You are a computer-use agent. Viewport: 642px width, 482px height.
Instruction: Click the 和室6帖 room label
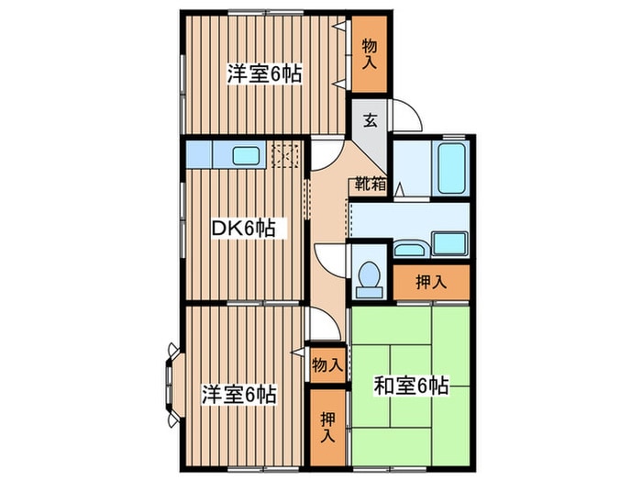410,387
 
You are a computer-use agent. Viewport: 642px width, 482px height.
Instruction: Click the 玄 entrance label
370,119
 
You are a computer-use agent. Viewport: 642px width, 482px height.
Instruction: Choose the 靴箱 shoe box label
371,185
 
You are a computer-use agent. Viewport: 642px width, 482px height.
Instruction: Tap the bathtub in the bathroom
451,167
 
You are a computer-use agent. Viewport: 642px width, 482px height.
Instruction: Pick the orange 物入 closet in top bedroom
370,56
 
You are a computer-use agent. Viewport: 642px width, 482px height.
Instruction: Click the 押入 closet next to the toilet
431,282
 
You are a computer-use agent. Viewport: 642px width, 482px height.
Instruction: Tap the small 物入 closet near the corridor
327,364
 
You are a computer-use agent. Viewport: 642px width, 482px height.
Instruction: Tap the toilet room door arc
332,258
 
